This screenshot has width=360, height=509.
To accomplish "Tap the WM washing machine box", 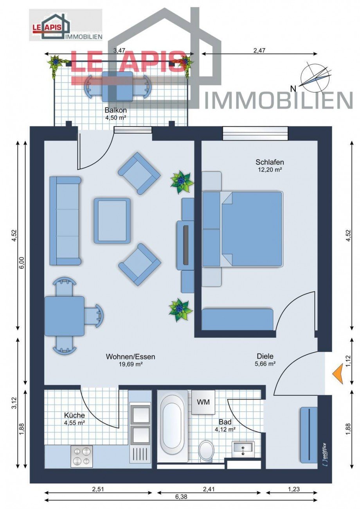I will click(x=203, y=402).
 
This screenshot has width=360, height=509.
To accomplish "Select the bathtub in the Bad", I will click(x=173, y=427).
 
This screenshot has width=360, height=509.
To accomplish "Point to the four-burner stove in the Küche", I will click(x=82, y=456).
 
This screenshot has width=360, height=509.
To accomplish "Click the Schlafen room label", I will click(x=270, y=162).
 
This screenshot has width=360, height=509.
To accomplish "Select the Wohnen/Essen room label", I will click(x=130, y=357).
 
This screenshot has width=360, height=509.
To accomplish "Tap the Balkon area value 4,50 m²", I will click(x=115, y=117).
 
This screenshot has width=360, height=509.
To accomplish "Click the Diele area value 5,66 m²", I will click(x=265, y=364).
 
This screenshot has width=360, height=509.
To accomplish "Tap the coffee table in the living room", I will click(x=112, y=220).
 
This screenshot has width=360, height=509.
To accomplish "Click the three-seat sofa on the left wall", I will click(x=65, y=220).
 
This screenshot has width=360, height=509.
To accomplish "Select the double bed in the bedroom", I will click(x=250, y=229).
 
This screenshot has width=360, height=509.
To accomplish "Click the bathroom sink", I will click(x=243, y=448).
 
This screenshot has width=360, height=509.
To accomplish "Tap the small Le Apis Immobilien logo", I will click(x=66, y=25).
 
